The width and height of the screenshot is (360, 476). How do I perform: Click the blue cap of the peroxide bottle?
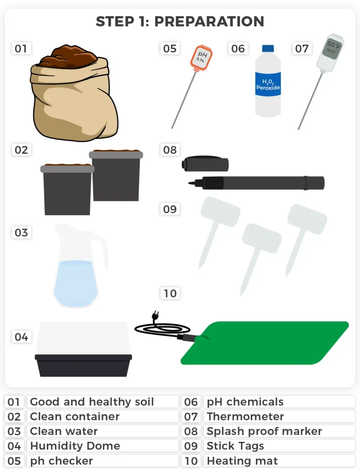point(268,48)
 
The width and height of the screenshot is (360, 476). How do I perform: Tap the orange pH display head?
point(201,58)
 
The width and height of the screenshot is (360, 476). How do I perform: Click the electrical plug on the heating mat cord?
point(156,315)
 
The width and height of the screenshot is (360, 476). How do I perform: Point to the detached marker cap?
point(205,163)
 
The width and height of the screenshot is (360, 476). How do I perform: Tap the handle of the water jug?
point(102,251)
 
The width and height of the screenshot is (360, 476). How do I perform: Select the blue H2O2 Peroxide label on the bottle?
point(268,84)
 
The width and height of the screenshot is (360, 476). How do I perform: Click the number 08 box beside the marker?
point(170,150)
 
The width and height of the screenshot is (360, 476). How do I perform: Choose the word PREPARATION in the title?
point(209,21)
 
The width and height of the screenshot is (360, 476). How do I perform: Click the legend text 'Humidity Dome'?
point(75,446)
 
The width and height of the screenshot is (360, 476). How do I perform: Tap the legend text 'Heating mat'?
point(242,461)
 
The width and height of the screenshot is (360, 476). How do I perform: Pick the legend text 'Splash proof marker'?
point(264,431)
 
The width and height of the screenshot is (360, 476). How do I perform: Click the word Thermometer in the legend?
point(245,416)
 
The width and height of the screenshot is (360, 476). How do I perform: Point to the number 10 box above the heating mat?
point(170,293)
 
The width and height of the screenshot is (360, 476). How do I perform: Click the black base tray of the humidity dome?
point(83,365)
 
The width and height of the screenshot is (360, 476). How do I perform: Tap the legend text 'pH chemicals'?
point(245,402)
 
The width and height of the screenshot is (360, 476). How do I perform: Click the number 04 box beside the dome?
point(21,337)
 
